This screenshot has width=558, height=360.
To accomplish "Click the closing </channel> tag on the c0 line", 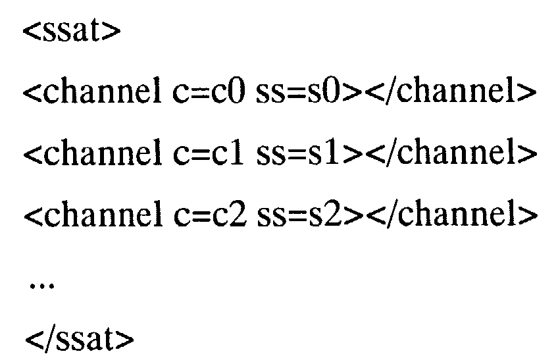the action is (448, 93).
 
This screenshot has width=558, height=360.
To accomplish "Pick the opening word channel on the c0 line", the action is (99, 93).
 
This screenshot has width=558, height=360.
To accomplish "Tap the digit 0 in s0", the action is (336, 93).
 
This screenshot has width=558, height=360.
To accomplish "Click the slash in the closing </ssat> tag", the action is (47, 341).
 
